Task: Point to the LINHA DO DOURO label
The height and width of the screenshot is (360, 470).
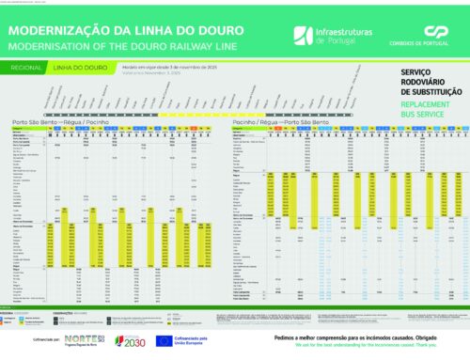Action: (90, 68)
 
